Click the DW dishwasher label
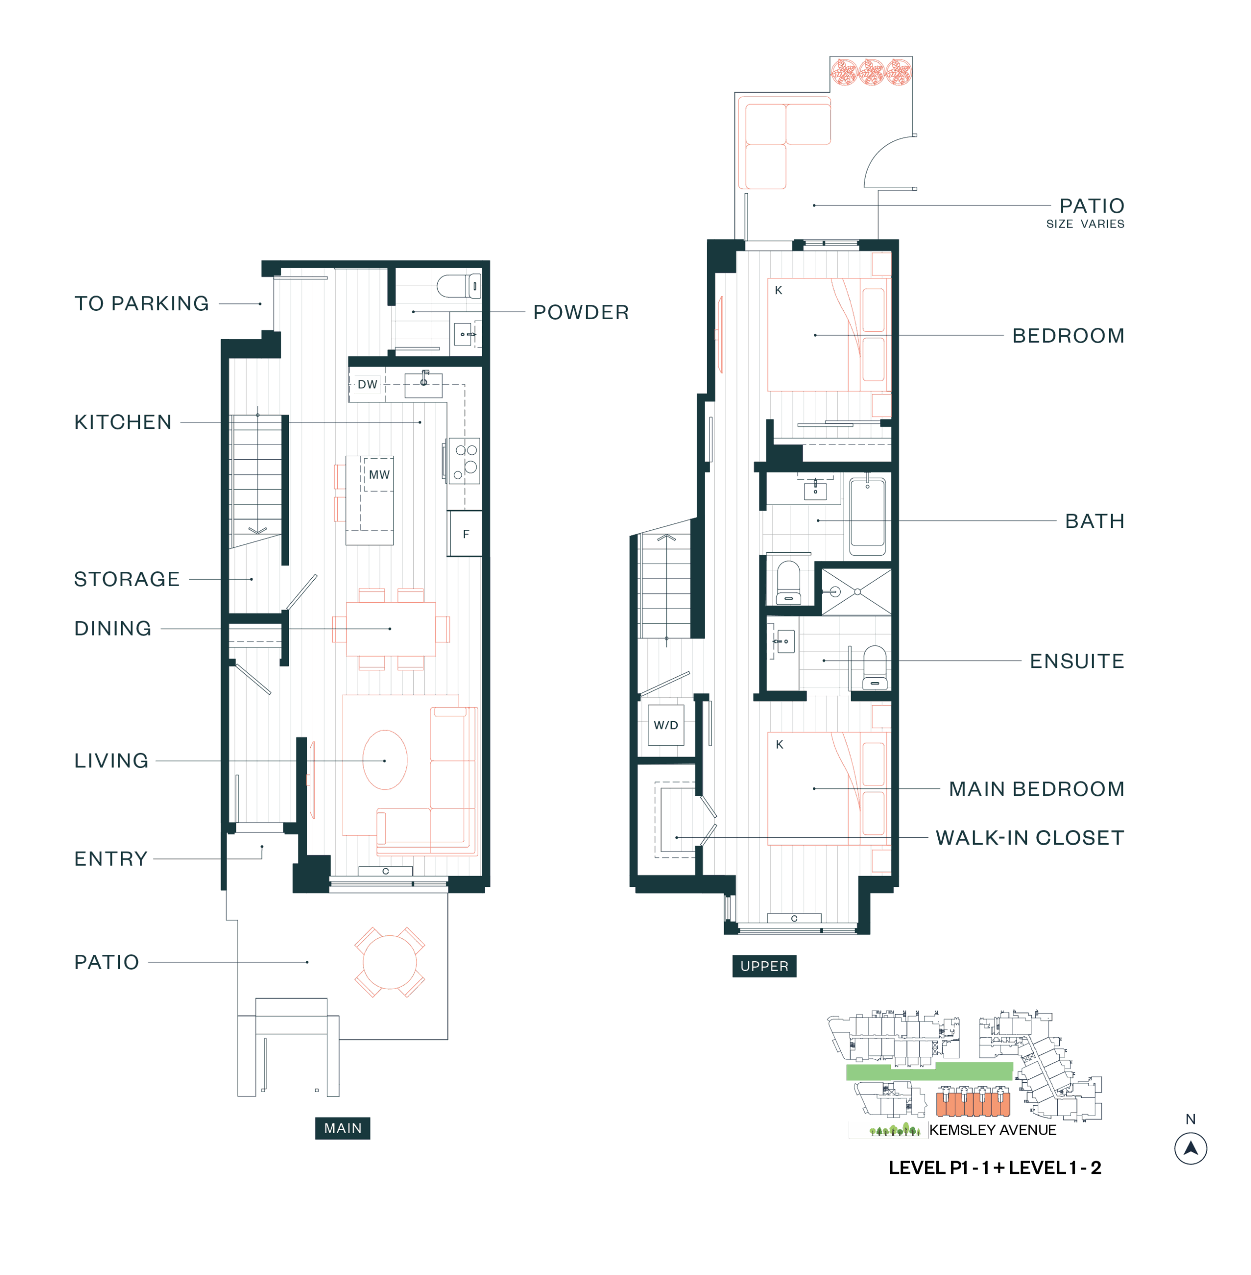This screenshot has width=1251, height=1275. [368, 384]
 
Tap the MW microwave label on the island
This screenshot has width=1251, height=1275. [379, 475]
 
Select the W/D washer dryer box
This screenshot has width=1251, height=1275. [665, 725]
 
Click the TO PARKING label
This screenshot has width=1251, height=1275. [141, 304]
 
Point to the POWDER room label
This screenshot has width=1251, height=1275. [581, 312]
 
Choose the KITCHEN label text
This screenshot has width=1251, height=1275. [123, 422]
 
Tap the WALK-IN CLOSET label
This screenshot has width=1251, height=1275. [1029, 838]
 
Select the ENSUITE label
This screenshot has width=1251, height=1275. [1077, 661]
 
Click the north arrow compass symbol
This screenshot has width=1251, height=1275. [1191, 1148]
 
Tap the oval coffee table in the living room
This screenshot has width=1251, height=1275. [385, 760]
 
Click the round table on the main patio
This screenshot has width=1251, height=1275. [389, 962]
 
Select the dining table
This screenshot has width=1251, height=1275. [390, 629]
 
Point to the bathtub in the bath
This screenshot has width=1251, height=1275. [868, 516]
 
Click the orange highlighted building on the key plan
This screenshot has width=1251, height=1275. [973, 1102]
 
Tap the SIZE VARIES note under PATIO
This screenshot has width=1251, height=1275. [1086, 224]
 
